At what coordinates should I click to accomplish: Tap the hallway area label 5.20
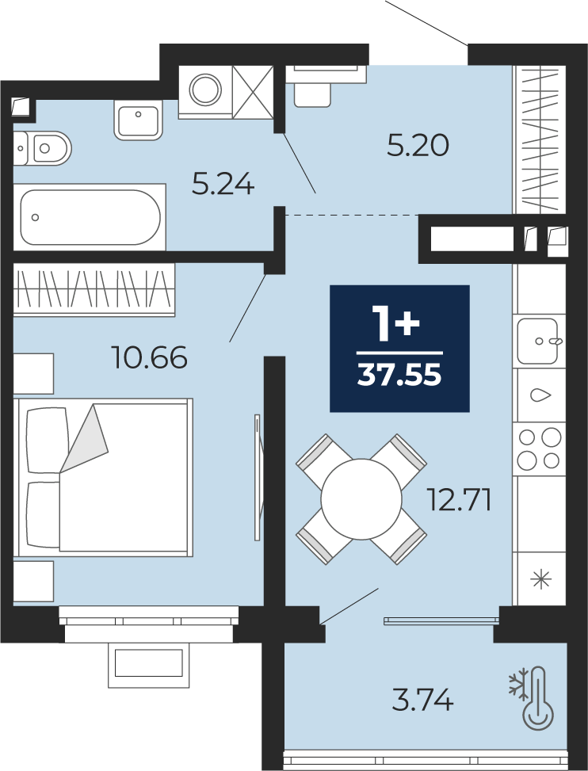(x=418, y=146)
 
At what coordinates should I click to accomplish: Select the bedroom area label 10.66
(x=150, y=357)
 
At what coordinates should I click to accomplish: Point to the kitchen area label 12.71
(x=459, y=500)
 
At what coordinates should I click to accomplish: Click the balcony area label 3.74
(x=423, y=700)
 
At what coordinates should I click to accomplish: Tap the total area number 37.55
(x=399, y=376)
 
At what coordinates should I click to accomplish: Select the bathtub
(x=90, y=217)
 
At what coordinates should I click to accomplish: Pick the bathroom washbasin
(x=139, y=120)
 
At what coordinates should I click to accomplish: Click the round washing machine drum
(x=205, y=90)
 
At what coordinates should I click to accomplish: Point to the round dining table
(x=361, y=499)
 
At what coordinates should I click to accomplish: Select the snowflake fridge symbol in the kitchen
(x=540, y=578)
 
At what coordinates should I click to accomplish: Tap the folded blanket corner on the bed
(x=83, y=439)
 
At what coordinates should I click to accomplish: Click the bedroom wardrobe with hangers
(x=94, y=289)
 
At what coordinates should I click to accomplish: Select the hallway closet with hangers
(x=540, y=139)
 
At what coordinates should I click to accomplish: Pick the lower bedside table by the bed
(x=33, y=581)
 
